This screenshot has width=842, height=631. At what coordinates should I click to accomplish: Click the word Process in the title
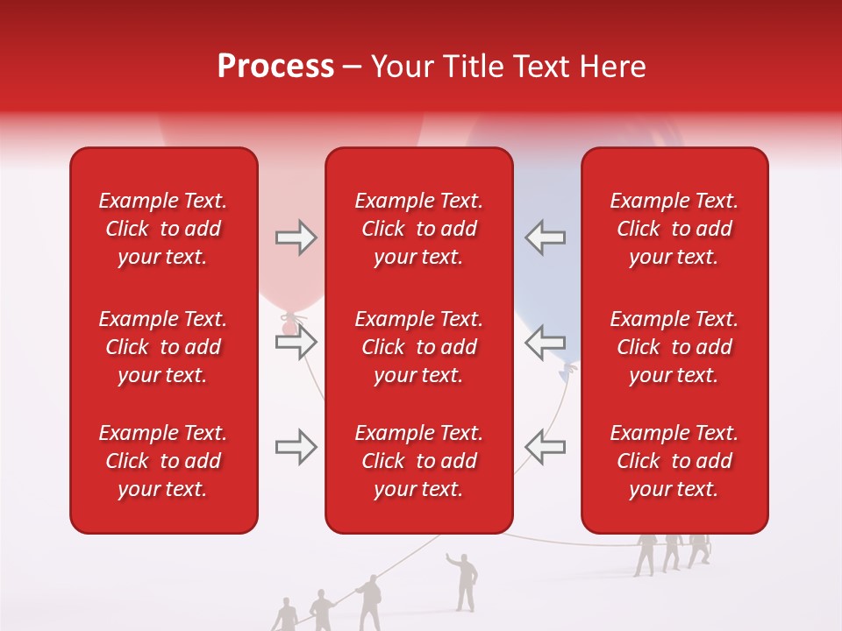coord(275,67)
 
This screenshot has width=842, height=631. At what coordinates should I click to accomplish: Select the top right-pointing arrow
coord(296,238)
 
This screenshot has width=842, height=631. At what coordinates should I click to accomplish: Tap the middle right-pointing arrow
coord(296,342)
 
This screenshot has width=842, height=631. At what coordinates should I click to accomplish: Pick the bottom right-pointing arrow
coord(296,447)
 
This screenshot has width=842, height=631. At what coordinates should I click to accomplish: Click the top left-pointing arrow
coord(545,238)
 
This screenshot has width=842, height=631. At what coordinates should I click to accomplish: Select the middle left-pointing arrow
coord(545,342)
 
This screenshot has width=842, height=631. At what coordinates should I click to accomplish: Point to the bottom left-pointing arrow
coord(545,447)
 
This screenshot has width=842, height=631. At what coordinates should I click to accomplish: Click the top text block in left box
coord(163,229)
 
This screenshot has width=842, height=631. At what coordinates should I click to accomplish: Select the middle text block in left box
coord(163,347)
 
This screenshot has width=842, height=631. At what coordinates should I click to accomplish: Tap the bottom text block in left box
coord(163,461)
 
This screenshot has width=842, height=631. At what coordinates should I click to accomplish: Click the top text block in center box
coord(418,229)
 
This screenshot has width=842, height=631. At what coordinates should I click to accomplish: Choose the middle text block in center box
coord(418,347)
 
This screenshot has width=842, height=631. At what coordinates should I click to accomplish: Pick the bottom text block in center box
coord(418,461)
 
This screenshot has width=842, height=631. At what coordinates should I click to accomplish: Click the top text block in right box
coord(674,229)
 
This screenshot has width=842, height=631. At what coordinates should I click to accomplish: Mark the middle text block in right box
coord(674,347)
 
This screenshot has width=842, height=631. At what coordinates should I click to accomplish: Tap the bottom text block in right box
coord(674,461)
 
